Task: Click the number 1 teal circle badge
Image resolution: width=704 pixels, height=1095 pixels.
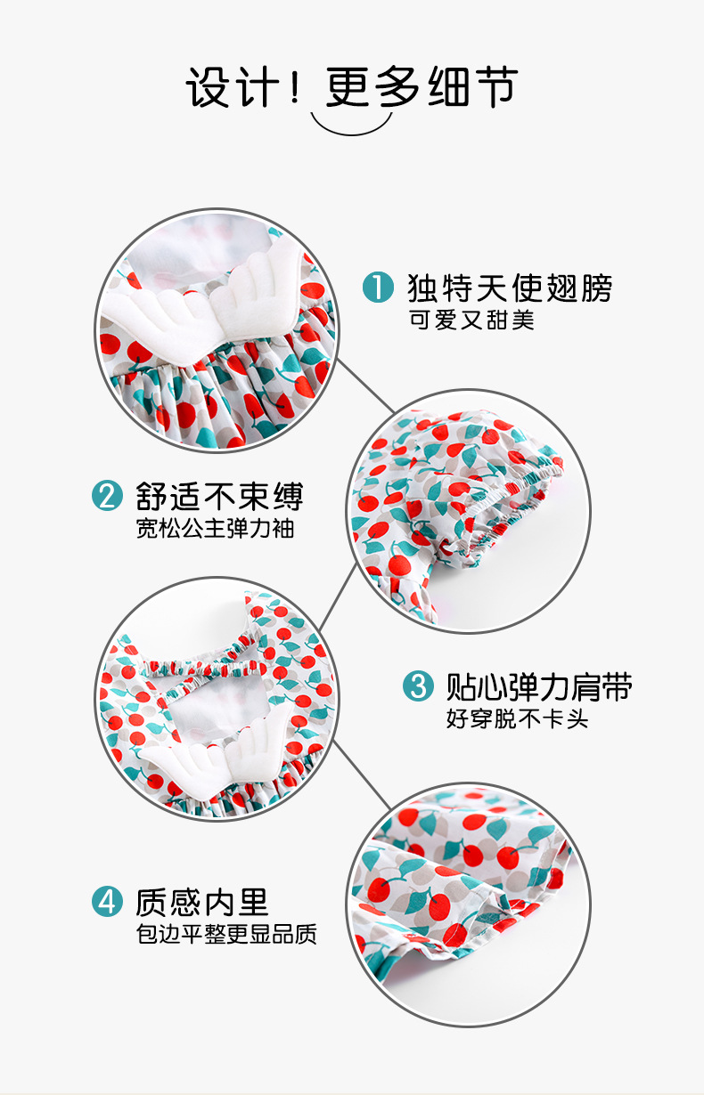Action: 378,288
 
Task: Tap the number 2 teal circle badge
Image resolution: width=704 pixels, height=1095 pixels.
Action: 107,496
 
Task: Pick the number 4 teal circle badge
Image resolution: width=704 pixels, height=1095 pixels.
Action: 107,902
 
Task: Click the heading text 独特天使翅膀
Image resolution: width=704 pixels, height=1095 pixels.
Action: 510,288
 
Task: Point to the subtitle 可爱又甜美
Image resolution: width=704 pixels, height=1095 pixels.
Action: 471,320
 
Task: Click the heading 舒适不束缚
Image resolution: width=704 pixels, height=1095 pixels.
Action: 219,496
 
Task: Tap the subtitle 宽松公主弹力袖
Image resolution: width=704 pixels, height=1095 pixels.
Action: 215,529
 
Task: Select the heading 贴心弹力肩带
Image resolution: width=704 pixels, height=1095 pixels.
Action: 538,686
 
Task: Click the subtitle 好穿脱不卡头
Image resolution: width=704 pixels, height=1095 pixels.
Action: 517,719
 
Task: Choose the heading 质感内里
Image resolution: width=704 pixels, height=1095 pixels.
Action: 202,902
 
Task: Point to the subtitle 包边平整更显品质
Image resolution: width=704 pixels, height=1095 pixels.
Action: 226,935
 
